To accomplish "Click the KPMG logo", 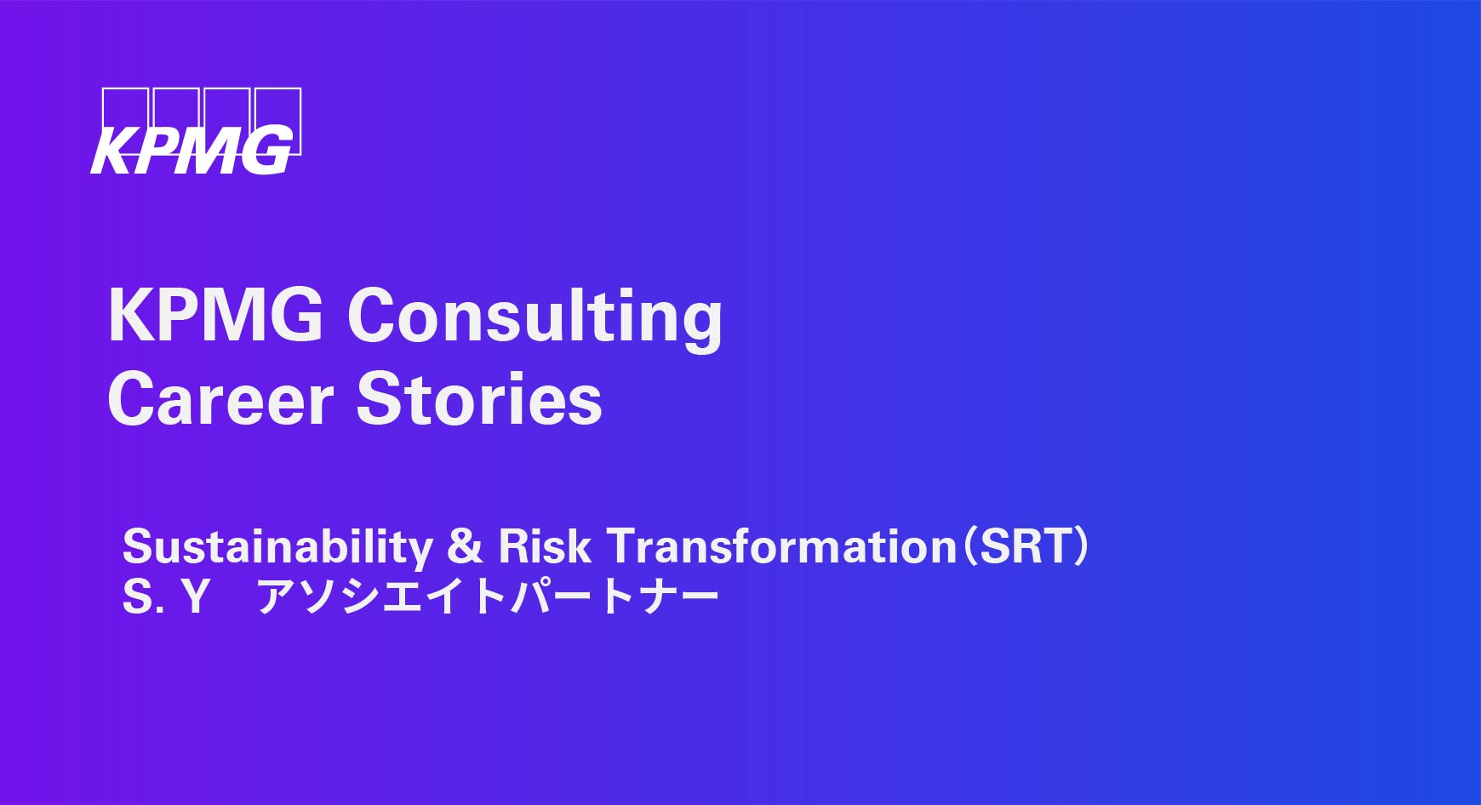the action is coord(196,131).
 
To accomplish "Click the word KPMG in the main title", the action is coord(215,315).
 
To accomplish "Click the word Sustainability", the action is coord(277,547).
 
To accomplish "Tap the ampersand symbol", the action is coord(465,546).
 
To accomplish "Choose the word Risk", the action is coord(544,545).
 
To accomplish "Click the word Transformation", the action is coord(782,545).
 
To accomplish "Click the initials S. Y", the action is coord(166,597).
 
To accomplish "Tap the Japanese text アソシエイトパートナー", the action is coord(488,597).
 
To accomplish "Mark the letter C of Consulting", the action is coord(373,315).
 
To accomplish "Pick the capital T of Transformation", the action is coord(623,546).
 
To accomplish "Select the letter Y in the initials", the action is coord(195,597).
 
